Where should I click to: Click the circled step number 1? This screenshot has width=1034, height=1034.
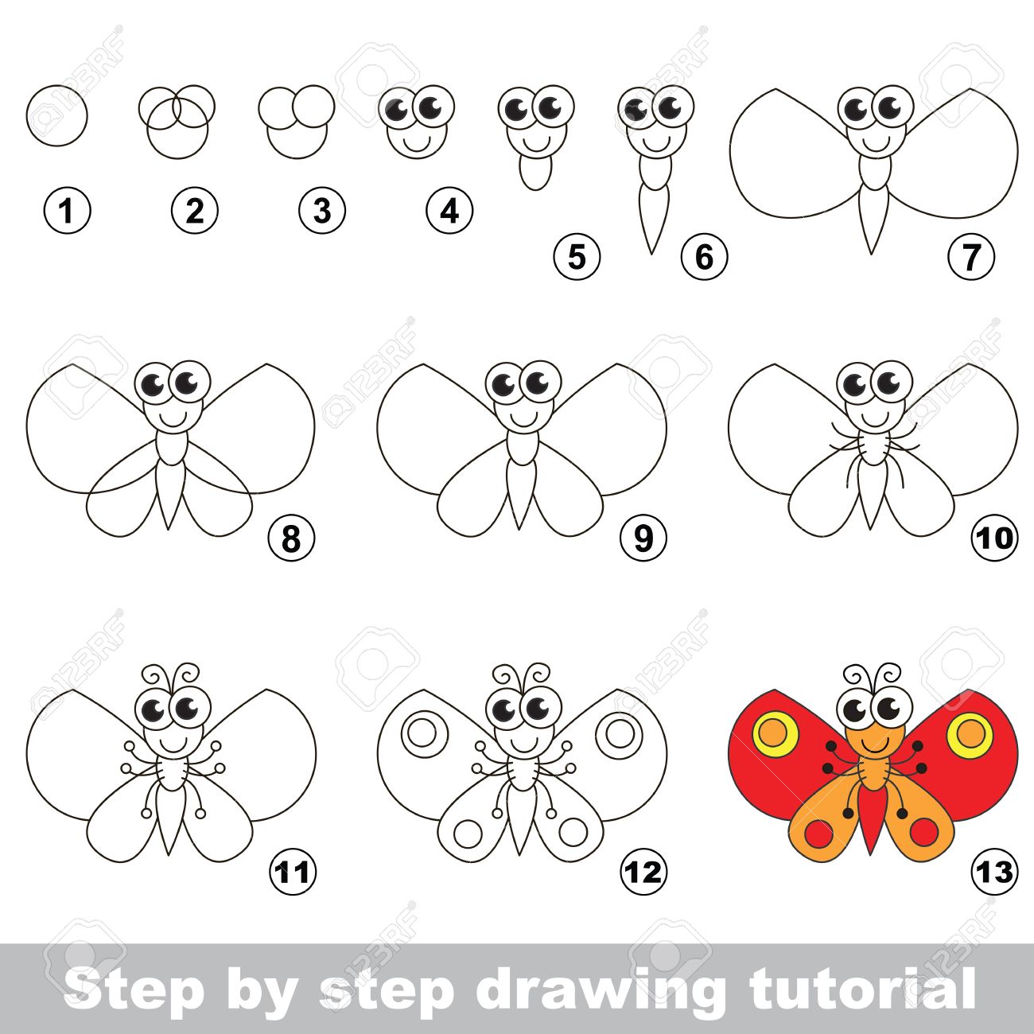[68, 212]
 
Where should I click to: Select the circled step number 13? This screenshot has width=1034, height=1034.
[994, 872]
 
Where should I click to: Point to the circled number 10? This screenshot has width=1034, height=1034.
[994, 538]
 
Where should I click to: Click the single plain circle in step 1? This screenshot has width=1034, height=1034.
[56, 116]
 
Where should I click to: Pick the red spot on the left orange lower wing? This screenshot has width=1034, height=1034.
[818, 833]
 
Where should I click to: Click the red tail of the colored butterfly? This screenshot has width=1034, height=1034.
[873, 819]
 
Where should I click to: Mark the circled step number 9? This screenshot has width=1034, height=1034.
[643, 538]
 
